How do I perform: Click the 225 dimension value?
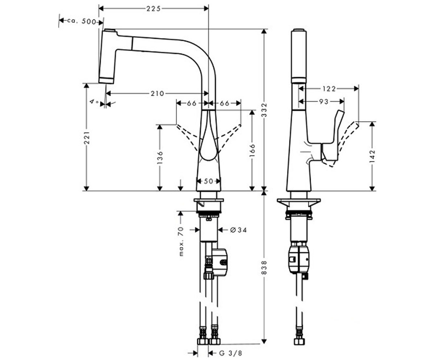coord(153,9)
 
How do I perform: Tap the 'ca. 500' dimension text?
coord(82,21)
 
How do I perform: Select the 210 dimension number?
coord(157,93)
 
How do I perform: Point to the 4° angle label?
coord(94,102)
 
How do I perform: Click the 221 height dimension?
coord(87,137)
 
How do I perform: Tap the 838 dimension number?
coord(264,268)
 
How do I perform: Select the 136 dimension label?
coord(160,157)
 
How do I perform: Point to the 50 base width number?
coord(208,181)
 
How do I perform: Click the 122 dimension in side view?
coord(329,89)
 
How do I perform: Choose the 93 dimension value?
coord(324,101)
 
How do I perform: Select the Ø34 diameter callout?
coord(238,230)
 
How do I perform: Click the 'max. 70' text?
coord(181,241)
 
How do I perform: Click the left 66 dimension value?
coord(191,103)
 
